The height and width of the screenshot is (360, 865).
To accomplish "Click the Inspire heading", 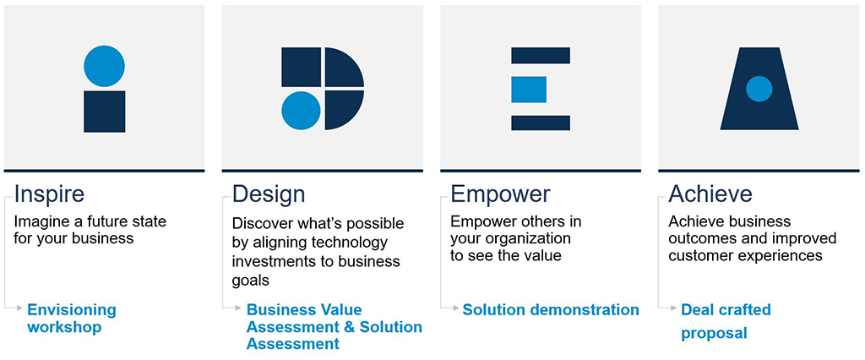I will point(49,194).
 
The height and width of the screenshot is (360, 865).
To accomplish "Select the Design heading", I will point(268,194).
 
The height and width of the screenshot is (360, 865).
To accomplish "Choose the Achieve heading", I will point(710,194).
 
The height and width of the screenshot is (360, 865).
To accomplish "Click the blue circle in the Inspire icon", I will point(105,66).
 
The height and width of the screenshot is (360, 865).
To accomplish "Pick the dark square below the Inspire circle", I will point(105,112).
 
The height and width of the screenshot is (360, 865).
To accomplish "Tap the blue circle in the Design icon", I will point(301,111).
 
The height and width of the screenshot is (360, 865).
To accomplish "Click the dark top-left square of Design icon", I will point(301,67).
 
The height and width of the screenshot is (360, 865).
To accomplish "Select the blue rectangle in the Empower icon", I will point(529,90).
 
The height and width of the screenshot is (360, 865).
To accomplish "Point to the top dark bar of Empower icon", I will point(541,55).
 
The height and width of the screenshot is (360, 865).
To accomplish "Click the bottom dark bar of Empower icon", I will point(541,123).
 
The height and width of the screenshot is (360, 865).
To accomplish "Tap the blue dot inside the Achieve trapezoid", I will point(759,89).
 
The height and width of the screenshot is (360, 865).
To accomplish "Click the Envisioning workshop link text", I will point(72,319).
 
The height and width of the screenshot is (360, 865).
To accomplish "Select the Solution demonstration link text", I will point(551,310).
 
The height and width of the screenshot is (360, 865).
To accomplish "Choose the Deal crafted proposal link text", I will point(726,321).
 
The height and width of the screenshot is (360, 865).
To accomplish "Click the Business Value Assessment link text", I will point(334,327).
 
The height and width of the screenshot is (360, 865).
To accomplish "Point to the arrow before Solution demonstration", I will point(454,310).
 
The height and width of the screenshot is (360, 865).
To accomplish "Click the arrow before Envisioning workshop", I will point(19,310).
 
